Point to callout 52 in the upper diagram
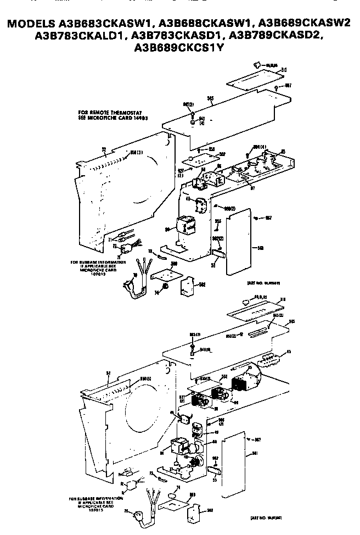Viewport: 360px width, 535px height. tap(103, 148)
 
